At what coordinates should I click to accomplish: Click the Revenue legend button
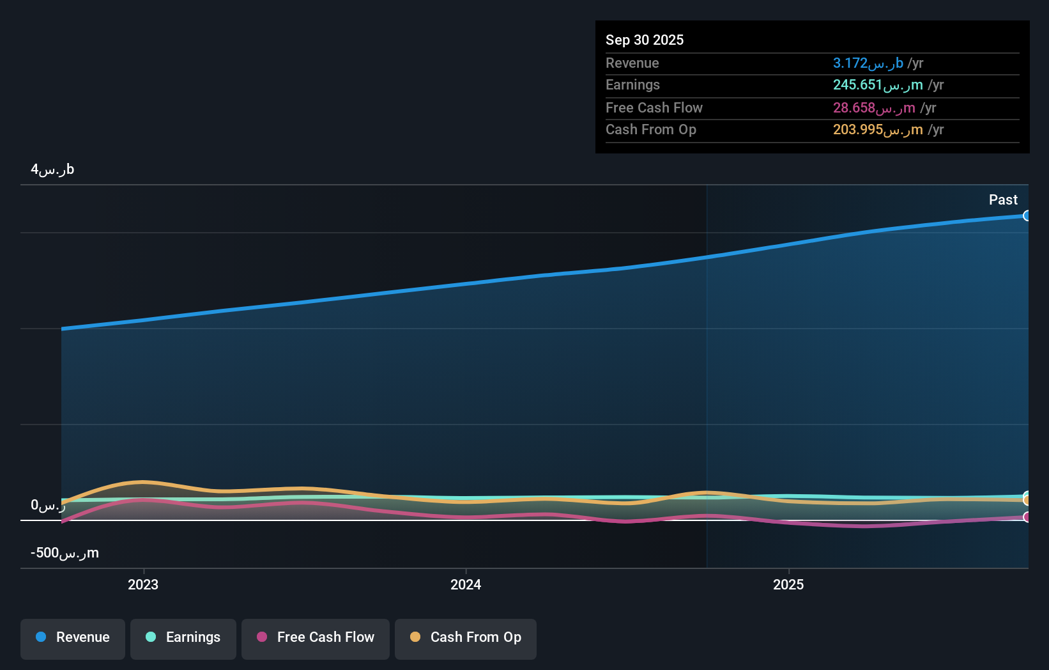[73, 638]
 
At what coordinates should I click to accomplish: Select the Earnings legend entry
[183, 638]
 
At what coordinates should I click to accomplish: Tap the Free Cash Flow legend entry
[316, 638]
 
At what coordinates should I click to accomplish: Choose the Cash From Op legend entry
[466, 638]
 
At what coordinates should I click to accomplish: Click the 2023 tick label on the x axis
[143, 585]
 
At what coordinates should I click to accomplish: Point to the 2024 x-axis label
[466, 585]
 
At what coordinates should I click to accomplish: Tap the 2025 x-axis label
[788, 585]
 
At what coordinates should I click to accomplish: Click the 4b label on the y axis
[52, 169]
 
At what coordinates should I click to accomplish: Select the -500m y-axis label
[65, 553]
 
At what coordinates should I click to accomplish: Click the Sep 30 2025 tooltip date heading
[645, 40]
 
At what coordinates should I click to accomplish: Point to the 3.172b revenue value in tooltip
[868, 63]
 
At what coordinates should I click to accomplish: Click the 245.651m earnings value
[878, 85]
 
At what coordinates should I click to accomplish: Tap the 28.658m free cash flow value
[874, 108]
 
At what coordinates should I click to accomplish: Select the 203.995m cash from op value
[878, 130]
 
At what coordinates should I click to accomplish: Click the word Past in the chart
[1003, 200]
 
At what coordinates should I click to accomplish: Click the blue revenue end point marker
[1027, 216]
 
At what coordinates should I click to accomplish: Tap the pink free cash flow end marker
[1027, 517]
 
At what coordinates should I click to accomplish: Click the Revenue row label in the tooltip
[632, 63]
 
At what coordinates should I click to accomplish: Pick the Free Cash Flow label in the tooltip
[654, 108]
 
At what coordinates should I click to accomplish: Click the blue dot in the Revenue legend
[41, 637]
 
